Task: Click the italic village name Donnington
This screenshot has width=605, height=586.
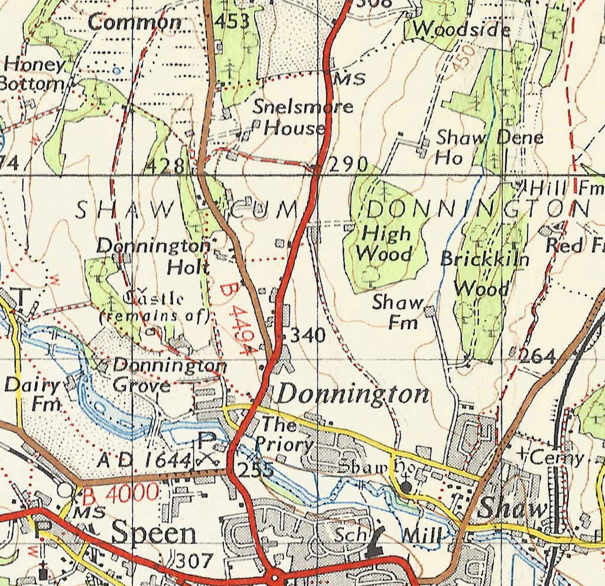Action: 353,395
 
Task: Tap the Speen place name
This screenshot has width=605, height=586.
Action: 154,533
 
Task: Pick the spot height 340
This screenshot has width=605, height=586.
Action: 307,336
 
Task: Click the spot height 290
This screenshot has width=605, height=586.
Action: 348,164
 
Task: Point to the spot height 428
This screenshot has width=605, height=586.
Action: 165,165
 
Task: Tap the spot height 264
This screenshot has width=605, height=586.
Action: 538,356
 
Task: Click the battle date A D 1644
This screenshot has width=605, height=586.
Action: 145,459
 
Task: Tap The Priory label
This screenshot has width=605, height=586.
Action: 285,433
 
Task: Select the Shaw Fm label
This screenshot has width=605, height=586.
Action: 399,312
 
